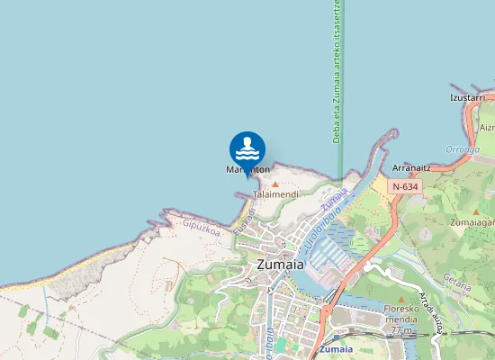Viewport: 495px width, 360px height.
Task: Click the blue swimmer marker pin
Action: (247, 148)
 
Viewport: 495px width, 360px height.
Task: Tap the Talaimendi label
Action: (275, 194)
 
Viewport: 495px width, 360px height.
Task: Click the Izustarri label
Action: (468, 97)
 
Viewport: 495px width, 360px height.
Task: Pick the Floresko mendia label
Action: (402, 314)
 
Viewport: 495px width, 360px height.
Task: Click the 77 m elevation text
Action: (401, 330)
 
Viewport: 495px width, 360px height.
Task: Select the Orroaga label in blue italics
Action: (463, 149)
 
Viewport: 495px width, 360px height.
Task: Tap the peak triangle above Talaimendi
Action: (275, 184)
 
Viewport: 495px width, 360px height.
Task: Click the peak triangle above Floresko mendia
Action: (401, 300)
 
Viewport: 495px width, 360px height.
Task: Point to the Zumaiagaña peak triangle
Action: (476, 211)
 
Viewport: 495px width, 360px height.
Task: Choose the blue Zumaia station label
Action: (336, 348)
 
